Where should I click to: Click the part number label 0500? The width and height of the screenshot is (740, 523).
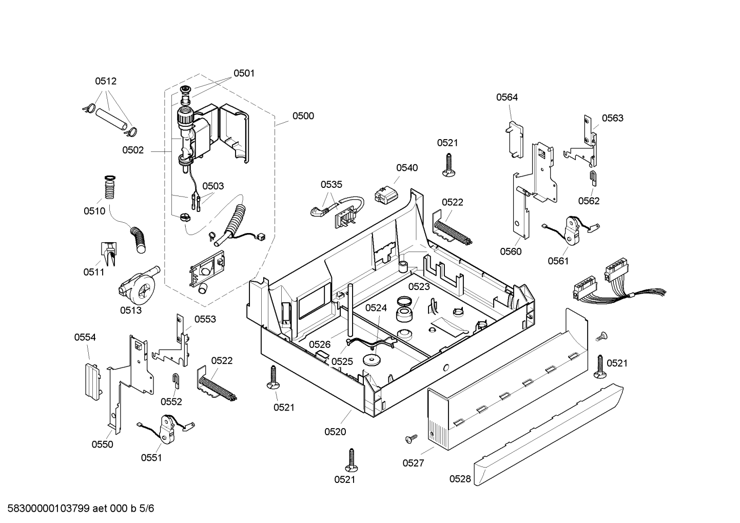pyautogui.click(x=303, y=116)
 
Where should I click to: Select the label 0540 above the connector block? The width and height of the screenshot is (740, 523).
pyautogui.click(x=406, y=168)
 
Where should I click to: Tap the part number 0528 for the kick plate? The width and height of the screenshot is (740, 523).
pyautogui.click(x=460, y=479)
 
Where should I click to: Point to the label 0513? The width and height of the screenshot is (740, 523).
pyautogui.click(x=131, y=310)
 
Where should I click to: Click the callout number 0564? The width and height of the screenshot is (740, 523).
pyautogui.click(x=507, y=97)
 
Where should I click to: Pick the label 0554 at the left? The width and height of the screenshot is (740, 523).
pyautogui.click(x=85, y=337)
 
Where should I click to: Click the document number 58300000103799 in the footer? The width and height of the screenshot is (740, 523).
pyautogui.click(x=46, y=509)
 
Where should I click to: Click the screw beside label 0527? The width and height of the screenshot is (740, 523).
pyautogui.click(x=411, y=438)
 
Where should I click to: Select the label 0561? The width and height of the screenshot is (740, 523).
pyautogui.click(x=558, y=261)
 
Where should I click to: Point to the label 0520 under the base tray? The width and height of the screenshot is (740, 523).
pyautogui.click(x=335, y=432)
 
